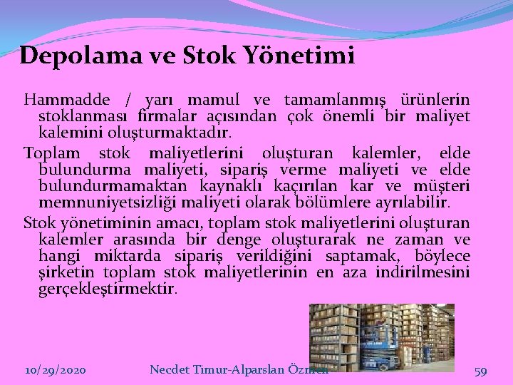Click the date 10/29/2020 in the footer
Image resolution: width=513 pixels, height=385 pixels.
click(56, 371)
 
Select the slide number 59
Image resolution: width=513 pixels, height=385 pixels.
click(480, 371)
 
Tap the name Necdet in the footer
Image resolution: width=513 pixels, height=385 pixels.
click(172, 370)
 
